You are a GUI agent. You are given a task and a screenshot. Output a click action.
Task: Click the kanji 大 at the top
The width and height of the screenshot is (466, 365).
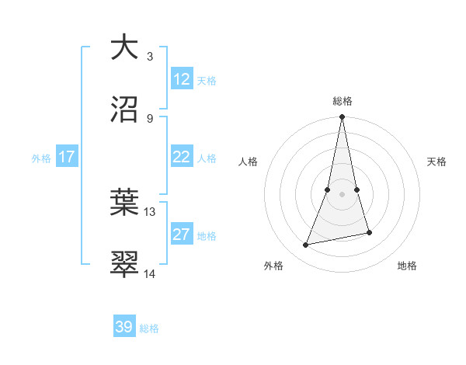[x=124, y=47]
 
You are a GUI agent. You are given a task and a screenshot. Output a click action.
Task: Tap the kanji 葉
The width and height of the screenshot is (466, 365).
[x=124, y=203]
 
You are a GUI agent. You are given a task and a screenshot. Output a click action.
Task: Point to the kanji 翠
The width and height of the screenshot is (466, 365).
[x=124, y=265]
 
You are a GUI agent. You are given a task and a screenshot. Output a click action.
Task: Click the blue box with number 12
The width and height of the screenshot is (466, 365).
[x=182, y=79]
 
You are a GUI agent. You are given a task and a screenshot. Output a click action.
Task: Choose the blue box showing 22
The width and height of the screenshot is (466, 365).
[x=182, y=158]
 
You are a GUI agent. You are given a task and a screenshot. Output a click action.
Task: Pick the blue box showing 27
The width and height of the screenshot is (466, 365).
[x=182, y=235]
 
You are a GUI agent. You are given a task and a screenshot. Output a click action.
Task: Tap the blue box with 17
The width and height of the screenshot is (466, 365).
[x=66, y=158]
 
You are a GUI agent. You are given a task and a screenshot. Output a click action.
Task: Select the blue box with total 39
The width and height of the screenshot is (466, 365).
[x=124, y=327]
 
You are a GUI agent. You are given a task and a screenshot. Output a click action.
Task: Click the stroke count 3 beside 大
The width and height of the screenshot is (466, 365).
[x=150, y=56]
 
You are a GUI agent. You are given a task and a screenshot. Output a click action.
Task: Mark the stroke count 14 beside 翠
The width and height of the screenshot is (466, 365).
[x=150, y=273]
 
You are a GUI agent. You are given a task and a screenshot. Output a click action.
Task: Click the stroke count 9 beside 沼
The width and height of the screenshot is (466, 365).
[x=150, y=118]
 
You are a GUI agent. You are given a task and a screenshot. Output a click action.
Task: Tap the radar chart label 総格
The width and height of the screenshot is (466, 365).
[x=343, y=101]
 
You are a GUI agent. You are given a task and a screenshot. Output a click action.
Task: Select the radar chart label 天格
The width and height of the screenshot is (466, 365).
[x=436, y=162]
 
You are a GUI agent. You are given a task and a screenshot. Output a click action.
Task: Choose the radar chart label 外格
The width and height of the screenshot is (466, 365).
[x=273, y=266]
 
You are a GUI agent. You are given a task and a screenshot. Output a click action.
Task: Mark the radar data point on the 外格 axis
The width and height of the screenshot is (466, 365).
[x=306, y=245]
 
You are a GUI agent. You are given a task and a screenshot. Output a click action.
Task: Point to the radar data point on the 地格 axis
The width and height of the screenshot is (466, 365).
[x=369, y=232]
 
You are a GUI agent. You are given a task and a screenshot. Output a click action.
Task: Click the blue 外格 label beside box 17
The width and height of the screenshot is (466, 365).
[x=41, y=158]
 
